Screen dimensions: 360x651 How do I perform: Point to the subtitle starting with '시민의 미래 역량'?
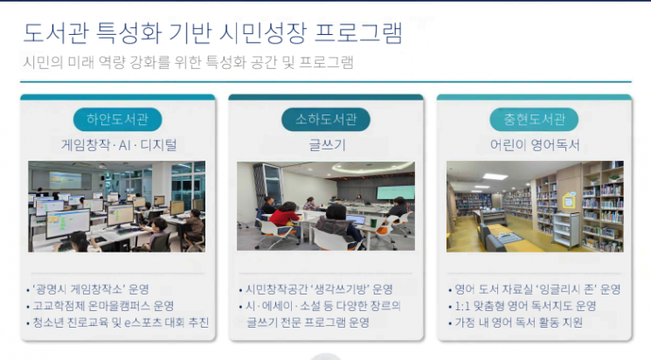click(188, 63)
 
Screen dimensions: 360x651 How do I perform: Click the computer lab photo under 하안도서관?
click(116, 206)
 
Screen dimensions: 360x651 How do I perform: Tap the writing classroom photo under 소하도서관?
click(325, 206)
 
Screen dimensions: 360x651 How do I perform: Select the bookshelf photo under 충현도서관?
click(534, 206)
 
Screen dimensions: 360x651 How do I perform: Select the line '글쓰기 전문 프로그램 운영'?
click(308, 322)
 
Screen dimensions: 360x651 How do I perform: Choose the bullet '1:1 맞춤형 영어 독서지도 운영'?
click(524, 306)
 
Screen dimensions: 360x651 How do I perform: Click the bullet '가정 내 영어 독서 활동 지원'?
click(516, 322)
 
